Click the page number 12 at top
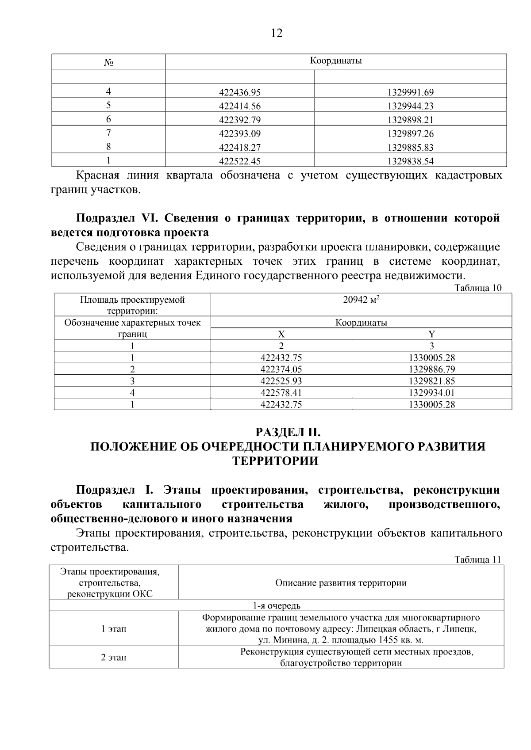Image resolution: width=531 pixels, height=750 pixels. (x=276, y=33)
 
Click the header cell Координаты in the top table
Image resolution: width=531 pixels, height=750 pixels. (x=335, y=61)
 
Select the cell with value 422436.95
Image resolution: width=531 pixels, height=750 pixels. (x=240, y=92)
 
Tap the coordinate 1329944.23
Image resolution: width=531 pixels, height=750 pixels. (x=410, y=106)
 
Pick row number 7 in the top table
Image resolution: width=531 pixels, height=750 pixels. (x=108, y=133)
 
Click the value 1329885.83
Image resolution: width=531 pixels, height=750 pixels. (x=410, y=148)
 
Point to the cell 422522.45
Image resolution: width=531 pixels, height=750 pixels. (x=240, y=161)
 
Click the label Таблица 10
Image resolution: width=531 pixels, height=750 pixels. (x=478, y=288)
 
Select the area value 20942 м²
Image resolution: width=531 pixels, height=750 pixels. (x=361, y=300)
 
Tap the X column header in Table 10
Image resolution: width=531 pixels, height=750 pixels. (x=281, y=334)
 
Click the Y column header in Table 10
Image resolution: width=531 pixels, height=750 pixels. (x=431, y=334)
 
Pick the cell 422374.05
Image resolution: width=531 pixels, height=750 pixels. (x=281, y=369)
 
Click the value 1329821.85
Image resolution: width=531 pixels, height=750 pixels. (x=431, y=381)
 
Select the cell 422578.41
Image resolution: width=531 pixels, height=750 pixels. (x=281, y=392)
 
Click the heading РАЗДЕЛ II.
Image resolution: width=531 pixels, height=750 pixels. (x=287, y=432)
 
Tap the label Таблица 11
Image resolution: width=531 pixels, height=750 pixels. (x=478, y=560)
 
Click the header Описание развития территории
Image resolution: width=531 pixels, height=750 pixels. (x=341, y=583)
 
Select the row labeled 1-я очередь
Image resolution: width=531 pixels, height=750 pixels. (x=277, y=605)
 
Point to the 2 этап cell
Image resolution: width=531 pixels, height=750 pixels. (x=114, y=658)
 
